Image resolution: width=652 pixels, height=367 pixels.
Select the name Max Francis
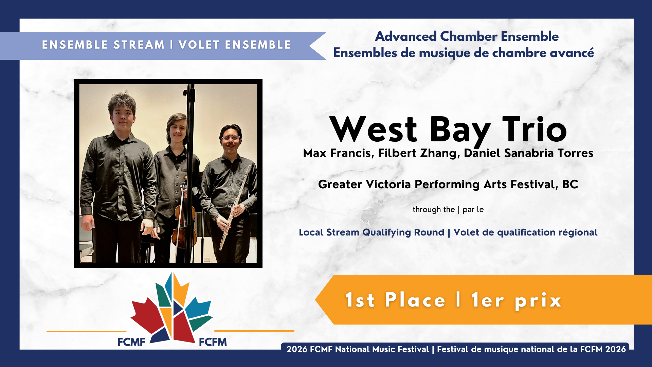coord(338,153)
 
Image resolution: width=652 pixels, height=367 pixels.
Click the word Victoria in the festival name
coord(388,184)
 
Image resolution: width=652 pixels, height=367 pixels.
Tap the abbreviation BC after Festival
coord(570,184)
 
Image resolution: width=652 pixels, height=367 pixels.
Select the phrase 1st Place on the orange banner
coord(395,300)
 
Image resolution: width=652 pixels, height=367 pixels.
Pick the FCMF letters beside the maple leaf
coord(131,342)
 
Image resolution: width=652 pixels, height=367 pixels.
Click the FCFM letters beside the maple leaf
coord(213,342)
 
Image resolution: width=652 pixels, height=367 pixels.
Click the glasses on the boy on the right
coord(231,138)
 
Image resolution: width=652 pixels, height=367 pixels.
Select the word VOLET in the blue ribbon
coord(199,45)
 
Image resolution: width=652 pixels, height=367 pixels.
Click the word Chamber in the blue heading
coord(469,36)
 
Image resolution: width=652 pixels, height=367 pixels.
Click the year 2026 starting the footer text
coord(297,349)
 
